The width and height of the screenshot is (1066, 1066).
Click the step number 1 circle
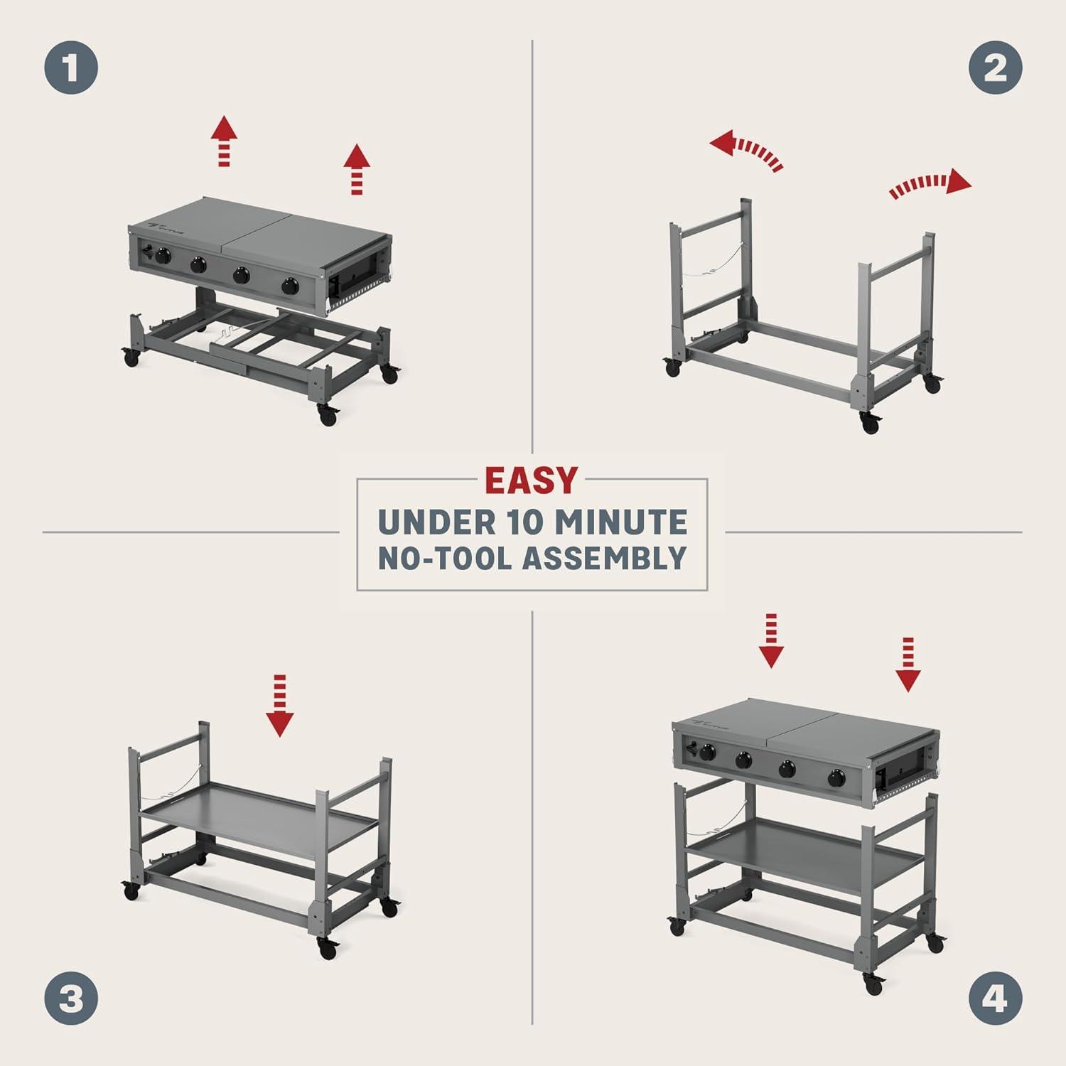71,68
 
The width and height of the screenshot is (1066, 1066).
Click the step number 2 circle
995,68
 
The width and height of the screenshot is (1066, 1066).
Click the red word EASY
532,481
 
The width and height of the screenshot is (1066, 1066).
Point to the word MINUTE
620,522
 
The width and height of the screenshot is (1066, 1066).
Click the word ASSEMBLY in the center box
605,559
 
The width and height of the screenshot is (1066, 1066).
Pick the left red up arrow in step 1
225,141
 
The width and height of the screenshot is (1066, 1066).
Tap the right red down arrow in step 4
908,664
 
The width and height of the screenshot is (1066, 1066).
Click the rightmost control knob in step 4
836,778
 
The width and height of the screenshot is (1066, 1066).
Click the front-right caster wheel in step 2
869,425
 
